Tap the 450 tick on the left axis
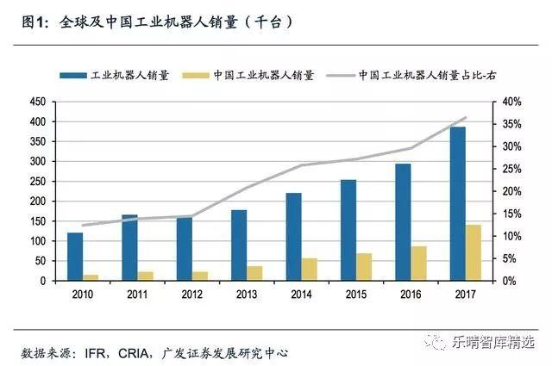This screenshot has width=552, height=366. (x=36, y=102)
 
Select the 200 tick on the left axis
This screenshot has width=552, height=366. (x=36, y=202)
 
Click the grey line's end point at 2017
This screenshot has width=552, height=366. (x=466, y=117)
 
